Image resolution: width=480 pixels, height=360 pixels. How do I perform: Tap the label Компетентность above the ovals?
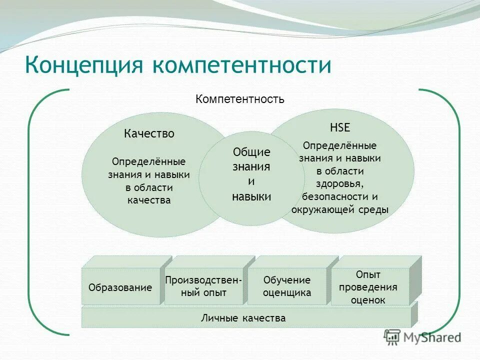[x=240, y=99]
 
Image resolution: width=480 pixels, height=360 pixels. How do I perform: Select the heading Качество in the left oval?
[x=149, y=133]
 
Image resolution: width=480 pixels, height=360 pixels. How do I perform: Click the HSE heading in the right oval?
[x=340, y=127]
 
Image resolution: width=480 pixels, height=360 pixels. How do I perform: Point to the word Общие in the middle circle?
[x=251, y=152]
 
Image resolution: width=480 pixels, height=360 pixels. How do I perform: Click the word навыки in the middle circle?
[x=251, y=196]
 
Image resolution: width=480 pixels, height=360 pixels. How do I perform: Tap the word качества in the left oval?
[x=149, y=200]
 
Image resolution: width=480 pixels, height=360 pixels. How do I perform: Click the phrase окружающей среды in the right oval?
[x=339, y=209]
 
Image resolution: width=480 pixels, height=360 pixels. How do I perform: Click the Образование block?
[x=120, y=287]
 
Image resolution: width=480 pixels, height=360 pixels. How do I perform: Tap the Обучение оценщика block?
[x=287, y=286]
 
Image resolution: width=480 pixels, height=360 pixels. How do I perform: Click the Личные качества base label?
[x=243, y=318]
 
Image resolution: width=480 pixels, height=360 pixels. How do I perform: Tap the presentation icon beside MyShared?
[x=392, y=337]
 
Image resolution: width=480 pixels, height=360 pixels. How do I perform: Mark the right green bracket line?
[x=458, y=210]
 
